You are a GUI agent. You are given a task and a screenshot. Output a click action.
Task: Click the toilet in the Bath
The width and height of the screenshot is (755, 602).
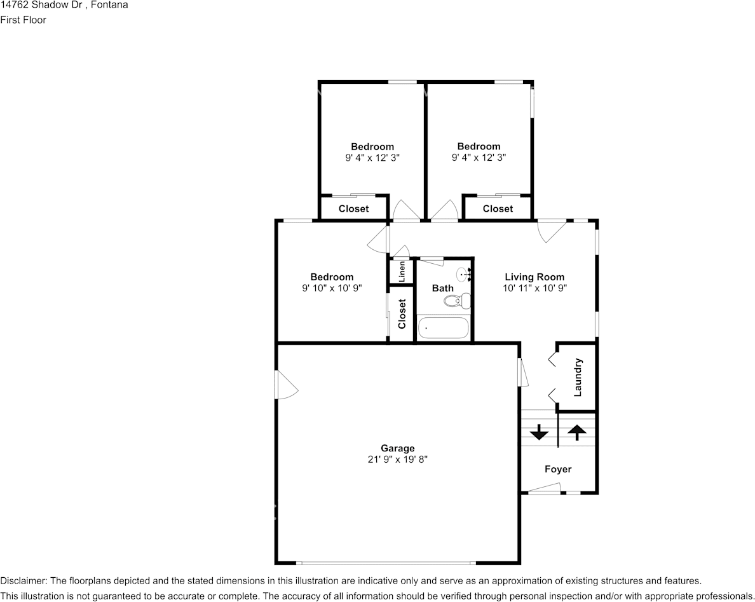[464, 301]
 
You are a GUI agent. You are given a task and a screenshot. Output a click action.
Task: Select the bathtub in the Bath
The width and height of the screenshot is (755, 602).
[443, 329]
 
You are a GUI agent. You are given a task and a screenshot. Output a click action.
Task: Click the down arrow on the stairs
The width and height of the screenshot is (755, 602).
[539, 433]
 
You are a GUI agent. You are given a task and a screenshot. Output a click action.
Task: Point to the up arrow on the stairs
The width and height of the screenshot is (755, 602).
[577, 432]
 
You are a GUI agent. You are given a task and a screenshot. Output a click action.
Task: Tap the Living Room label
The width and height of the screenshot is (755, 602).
[534, 277]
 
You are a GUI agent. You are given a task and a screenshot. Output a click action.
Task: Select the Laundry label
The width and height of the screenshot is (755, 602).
[578, 378]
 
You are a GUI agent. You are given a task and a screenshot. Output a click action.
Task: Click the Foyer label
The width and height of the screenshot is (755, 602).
[558, 469]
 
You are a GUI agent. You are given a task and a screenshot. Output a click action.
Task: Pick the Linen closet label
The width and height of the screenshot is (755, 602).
[402, 272]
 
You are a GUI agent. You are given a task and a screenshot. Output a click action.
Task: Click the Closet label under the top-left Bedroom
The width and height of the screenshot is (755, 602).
[353, 209]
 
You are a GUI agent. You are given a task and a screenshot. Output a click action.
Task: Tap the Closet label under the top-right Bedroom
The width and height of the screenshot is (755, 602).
[498, 209]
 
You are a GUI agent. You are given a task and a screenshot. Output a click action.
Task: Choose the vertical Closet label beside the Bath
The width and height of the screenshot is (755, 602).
[402, 314]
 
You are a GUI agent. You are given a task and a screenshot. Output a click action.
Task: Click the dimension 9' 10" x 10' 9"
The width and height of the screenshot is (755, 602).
[332, 287]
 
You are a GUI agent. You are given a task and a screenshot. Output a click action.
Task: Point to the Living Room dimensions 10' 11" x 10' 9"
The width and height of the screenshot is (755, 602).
[534, 287]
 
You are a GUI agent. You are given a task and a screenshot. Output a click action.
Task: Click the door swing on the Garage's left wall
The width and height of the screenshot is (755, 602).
[285, 385]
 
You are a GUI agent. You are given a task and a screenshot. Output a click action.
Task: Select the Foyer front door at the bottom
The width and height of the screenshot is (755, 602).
[545, 489]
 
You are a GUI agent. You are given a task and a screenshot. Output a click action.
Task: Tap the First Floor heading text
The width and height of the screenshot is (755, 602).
[23, 20]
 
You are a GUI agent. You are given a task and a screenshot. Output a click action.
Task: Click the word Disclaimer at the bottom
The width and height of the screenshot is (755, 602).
[23, 580]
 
